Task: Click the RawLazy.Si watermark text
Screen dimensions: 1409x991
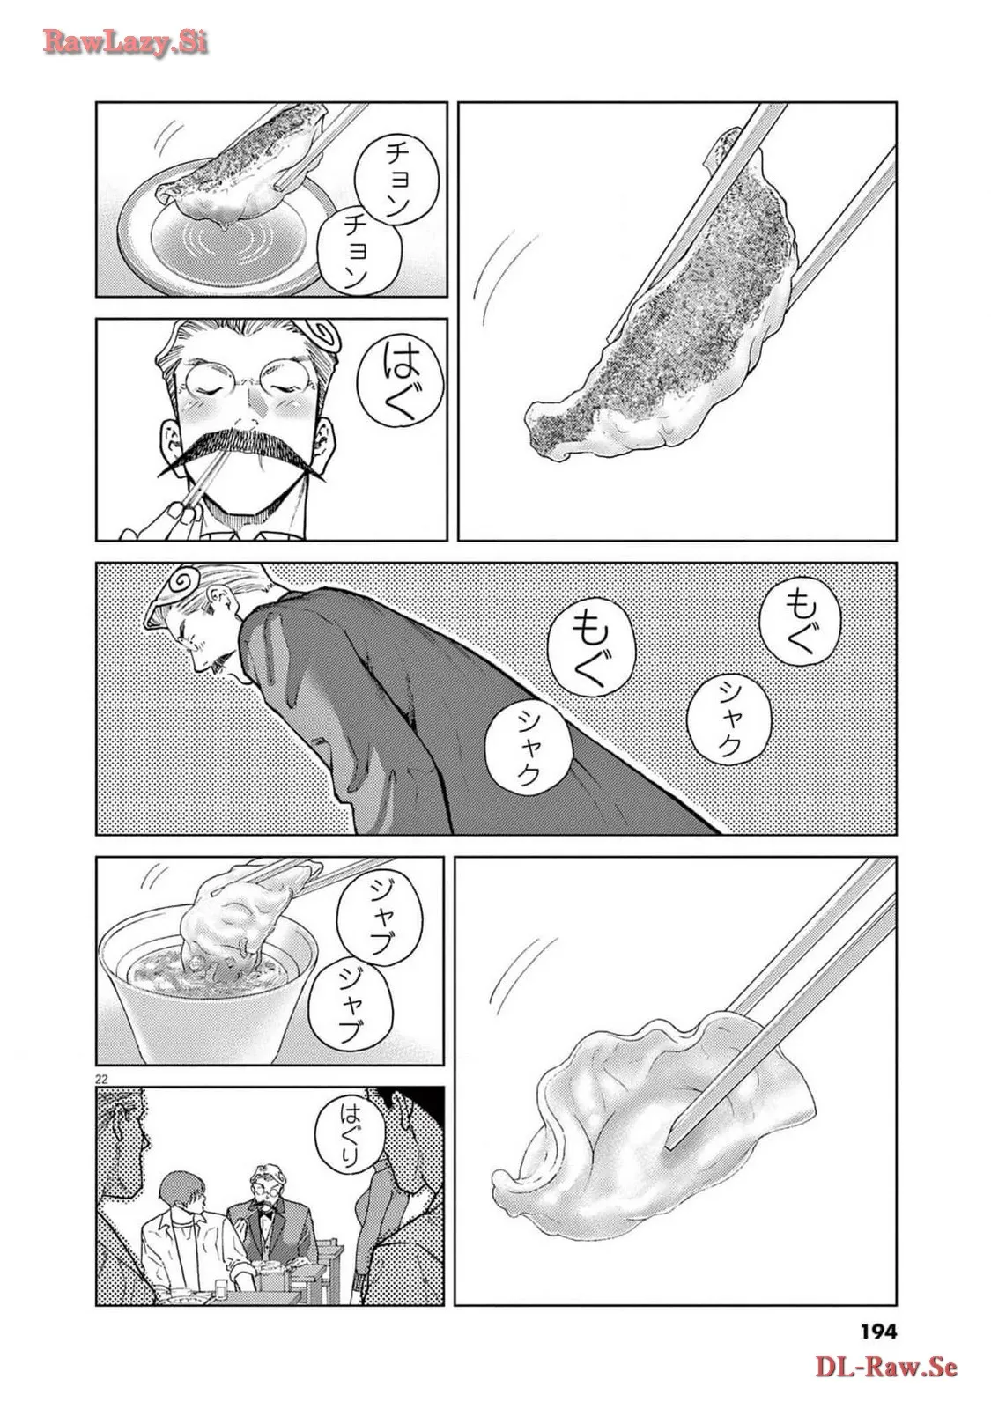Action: pos(124,42)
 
